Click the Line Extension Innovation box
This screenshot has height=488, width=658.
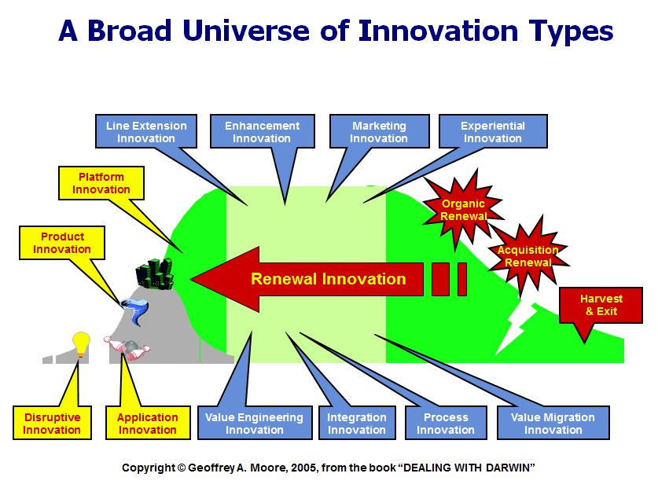click(146, 132)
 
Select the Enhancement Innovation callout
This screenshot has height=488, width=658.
click(262, 132)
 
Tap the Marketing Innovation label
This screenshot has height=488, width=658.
click(379, 132)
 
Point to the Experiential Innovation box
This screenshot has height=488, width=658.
click(492, 132)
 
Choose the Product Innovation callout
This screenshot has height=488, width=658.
click(62, 243)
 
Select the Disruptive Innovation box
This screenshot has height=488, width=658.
click(52, 424)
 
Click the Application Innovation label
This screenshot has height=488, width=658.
click(148, 424)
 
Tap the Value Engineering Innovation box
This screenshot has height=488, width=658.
click(254, 424)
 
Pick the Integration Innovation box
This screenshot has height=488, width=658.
click(357, 424)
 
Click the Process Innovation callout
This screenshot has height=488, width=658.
click(446, 424)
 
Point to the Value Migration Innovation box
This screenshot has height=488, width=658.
click(553, 424)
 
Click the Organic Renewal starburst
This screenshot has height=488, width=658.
click(463, 210)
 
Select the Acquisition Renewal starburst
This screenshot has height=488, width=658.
click(528, 256)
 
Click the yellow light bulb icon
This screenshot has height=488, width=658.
click(80, 344)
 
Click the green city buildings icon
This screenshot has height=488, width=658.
click(154, 274)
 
